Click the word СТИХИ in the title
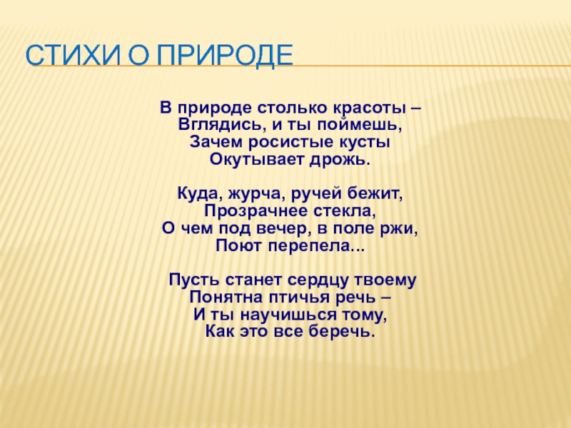[x=73, y=55]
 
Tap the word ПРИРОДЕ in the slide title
[x=225, y=56]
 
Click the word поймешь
[x=360, y=126]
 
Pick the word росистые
[x=290, y=142]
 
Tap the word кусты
[x=365, y=142]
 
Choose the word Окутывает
[x=256, y=160]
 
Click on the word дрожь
[x=340, y=160]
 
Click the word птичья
[x=296, y=298]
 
